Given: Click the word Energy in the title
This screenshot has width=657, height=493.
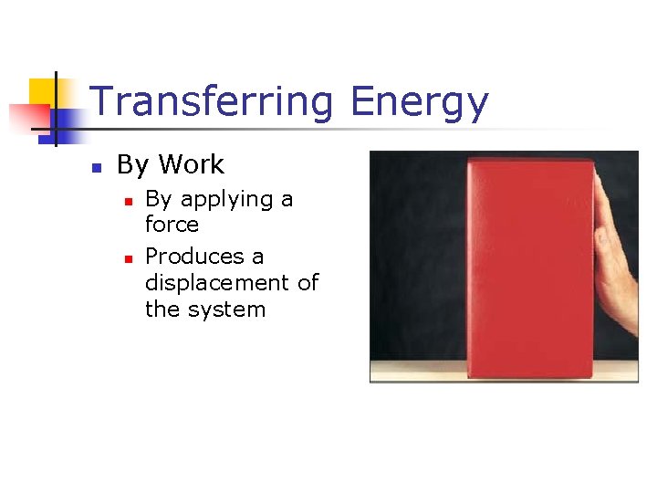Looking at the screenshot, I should (x=419, y=103).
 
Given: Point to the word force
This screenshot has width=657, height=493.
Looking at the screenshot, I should (x=172, y=225).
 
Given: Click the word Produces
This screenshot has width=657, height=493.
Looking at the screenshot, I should (x=195, y=257).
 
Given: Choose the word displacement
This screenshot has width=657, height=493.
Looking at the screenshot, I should (x=218, y=282).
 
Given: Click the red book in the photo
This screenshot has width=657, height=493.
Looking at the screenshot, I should (x=529, y=265).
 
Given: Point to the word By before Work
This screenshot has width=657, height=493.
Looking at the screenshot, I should (x=132, y=165).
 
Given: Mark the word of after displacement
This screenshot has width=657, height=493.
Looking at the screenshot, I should (x=308, y=282).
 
